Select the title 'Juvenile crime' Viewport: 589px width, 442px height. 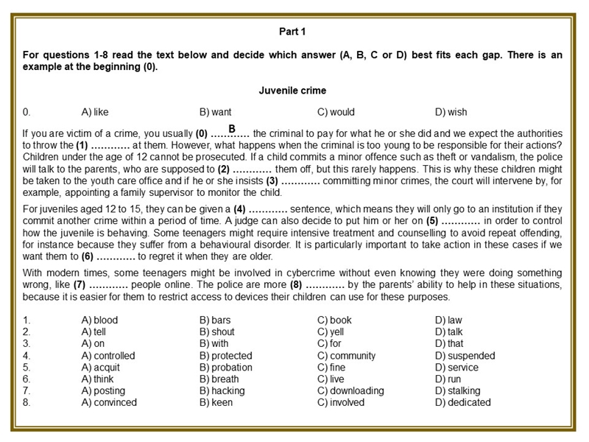coord(292,91)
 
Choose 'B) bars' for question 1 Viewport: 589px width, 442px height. coord(215,320)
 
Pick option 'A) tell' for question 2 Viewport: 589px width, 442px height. coord(95,332)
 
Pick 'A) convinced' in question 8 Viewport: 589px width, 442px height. coord(109,403)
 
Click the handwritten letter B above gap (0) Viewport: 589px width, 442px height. coord(231,129)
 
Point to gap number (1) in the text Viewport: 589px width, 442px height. coord(82,146)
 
